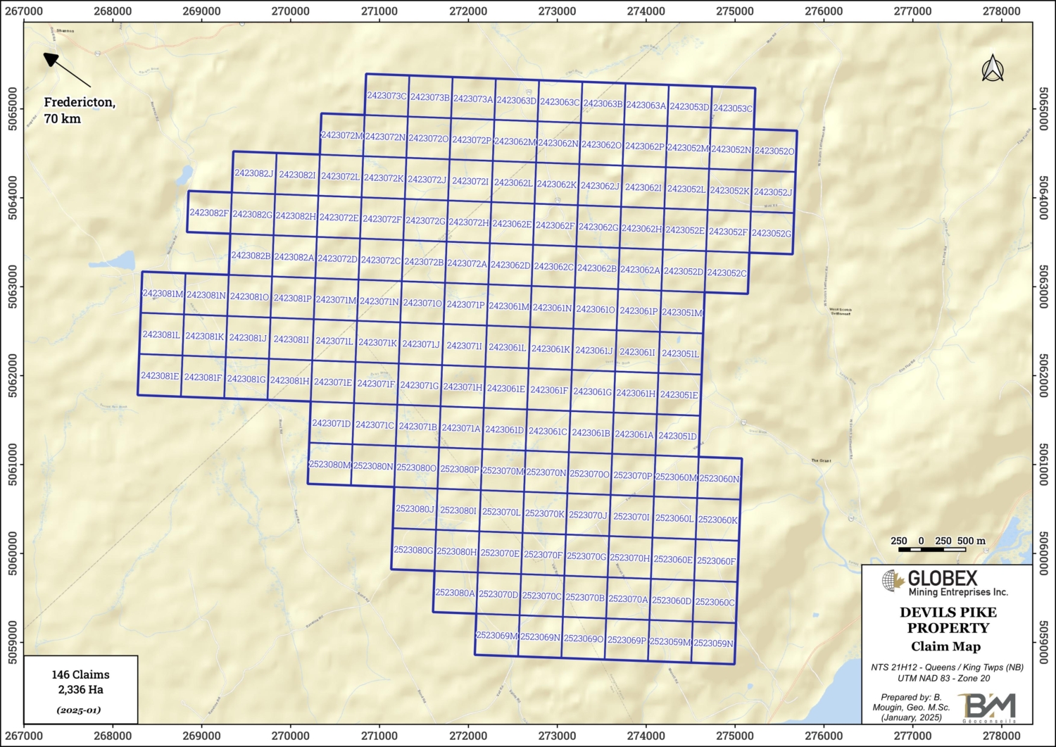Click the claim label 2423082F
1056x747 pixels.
tap(209, 213)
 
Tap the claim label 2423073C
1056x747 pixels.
tap(386, 96)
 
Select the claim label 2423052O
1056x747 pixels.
tap(774, 151)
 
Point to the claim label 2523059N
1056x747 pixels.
tap(713, 643)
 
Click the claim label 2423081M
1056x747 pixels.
tap(163, 294)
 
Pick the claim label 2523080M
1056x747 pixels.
tap(329, 465)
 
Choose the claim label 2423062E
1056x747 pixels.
tap(512, 224)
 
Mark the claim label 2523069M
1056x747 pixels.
tap(496, 636)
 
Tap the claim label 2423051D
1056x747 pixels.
tap(677, 436)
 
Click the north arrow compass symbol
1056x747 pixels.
tap(993, 68)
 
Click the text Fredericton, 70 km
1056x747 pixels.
tap(79, 110)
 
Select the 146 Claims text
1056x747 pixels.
tap(80, 674)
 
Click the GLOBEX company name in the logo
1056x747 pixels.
tap(943, 578)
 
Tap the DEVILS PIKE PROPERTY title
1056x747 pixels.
tap(948, 620)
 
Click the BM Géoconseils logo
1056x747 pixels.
tap(989, 706)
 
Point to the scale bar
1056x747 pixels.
tap(938, 548)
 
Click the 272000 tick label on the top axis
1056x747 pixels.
tap(468, 11)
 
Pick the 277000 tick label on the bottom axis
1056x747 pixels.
tap(912, 736)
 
